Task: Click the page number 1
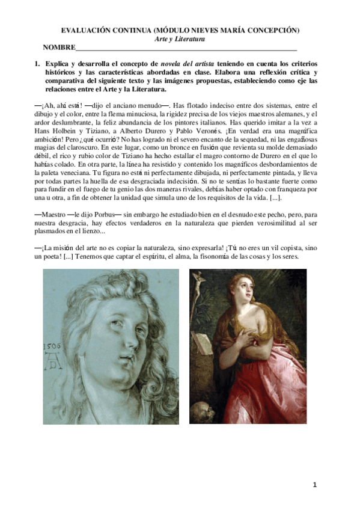click(314, 484)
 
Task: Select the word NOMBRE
click(59, 48)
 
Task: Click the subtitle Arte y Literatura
click(180, 38)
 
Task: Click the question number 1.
click(37, 63)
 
